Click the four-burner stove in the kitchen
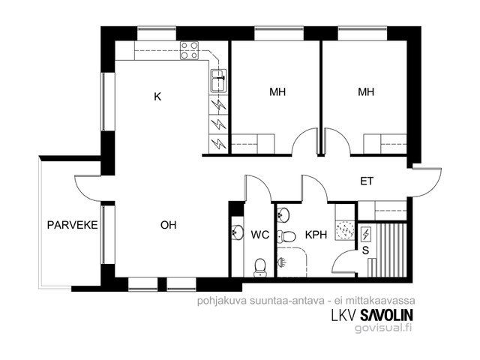point(189,50)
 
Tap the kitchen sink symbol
point(218,81)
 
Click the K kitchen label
point(157,97)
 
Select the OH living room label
point(168,225)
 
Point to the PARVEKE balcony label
point(73,225)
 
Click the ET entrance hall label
point(367,181)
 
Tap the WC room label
point(260,235)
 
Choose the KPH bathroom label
point(316,235)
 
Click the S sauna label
point(365,250)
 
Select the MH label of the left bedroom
point(277,91)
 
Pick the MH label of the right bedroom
point(366,91)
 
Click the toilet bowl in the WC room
point(260,267)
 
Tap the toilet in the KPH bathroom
point(286,236)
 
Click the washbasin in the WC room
point(237,232)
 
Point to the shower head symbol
point(282,262)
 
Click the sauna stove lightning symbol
point(366,234)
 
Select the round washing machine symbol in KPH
point(345,229)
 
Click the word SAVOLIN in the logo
point(387,315)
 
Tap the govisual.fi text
point(383,328)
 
